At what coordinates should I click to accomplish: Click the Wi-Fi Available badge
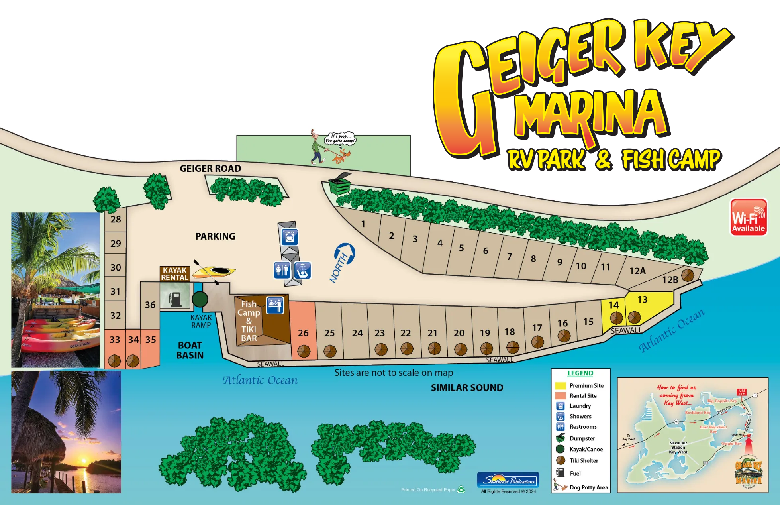pos(748,217)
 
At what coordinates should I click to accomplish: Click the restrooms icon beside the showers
pos(282,270)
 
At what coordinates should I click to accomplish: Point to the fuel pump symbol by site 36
pos(175,298)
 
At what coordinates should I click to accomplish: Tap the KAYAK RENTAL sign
pos(174,274)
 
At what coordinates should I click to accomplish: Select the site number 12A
pos(637,271)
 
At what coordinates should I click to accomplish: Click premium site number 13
pos(642,300)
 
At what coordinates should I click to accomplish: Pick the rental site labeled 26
pos(303,333)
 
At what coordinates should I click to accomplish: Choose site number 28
pos(116,219)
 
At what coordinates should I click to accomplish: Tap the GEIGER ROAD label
pos(210,169)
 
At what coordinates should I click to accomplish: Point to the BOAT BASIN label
pos(190,350)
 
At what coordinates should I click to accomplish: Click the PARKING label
pos(215,236)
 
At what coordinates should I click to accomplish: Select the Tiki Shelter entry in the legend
pos(583,460)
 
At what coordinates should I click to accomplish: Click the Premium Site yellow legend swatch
pos(561,386)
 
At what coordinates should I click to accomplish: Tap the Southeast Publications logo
pos(508,480)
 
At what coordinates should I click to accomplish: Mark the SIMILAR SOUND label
pos(467,388)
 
